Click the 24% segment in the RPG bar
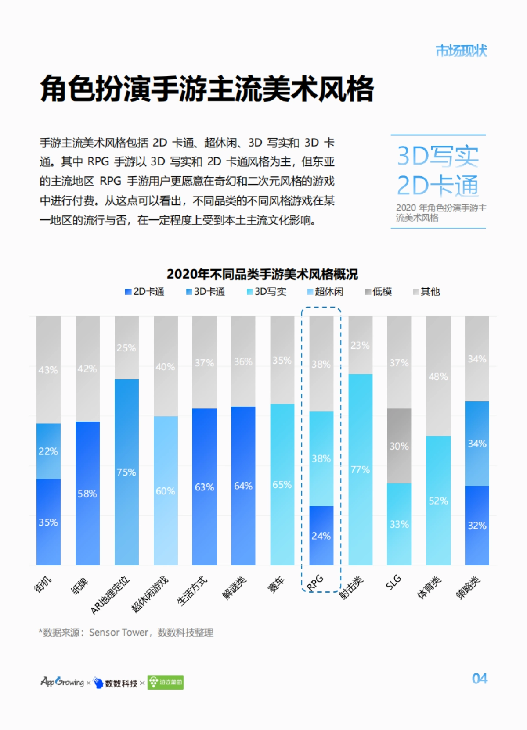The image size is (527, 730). pyautogui.click(x=321, y=536)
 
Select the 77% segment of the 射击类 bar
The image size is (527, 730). pyautogui.click(x=360, y=469)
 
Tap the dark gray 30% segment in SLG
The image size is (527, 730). pyautogui.click(x=399, y=446)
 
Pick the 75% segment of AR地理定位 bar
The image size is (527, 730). pyautogui.click(x=126, y=472)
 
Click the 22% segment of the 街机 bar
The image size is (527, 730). pyautogui.click(x=48, y=451)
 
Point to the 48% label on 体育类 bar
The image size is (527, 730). pyautogui.click(x=438, y=376)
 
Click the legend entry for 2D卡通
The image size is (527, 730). pyautogui.click(x=145, y=292)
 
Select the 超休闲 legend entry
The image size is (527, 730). pyautogui.click(x=325, y=292)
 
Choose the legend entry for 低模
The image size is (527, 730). pyautogui.click(x=378, y=292)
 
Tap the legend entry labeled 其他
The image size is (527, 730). pyautogui.click(x=426, y=292)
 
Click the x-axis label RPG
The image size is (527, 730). pyautogui.click(x=315, y=583)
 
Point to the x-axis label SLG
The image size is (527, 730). pyautogui.click(x=393, y=582)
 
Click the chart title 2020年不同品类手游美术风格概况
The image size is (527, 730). pyautogui.click(x=262, y=274)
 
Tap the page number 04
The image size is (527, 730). pyautogui.click(x=480, y=679)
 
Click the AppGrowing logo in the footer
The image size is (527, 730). pyautogui.click(x=62, y=682)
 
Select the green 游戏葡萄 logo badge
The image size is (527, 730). pyautogui.click(x=166, y=682)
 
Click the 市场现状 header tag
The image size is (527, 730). pyautogui.click(x=461, y=51)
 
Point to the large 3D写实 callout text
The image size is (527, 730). pyautogui.click(x=437, y=156)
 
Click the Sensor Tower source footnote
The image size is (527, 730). pyautogui.click(x=126, y=633)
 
